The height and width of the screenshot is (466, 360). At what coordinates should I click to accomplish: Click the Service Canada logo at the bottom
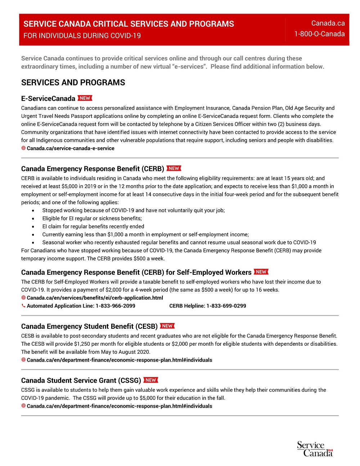315,449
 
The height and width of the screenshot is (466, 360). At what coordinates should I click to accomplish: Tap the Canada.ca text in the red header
328,23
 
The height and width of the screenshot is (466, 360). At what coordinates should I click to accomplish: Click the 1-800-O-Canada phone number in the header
319,34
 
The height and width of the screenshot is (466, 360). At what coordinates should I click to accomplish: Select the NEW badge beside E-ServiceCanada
85,98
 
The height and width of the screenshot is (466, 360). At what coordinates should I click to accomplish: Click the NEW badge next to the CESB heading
167,326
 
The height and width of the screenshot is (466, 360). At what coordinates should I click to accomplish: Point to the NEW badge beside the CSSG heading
150,380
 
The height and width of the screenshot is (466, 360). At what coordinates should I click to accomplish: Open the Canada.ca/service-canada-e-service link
71,148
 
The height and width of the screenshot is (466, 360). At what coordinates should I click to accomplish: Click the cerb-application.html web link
95,298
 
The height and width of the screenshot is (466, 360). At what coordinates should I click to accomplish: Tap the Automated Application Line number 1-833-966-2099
115,306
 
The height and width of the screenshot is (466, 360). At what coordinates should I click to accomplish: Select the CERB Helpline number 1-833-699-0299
226,306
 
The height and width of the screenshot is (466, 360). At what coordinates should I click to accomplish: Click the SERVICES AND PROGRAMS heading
73,82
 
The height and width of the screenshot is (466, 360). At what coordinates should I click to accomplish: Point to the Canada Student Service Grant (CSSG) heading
81,381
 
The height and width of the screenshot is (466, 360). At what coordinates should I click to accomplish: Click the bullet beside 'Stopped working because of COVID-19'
33,211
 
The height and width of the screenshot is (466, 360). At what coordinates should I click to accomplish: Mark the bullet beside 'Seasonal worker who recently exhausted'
33,243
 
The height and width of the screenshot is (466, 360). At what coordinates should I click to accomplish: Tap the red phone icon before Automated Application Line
23,306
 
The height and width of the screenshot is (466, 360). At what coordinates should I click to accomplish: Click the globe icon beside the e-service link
23,148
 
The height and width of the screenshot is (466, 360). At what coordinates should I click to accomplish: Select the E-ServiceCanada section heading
48,99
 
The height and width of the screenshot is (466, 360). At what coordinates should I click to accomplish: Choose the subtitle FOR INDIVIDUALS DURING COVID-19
82,36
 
